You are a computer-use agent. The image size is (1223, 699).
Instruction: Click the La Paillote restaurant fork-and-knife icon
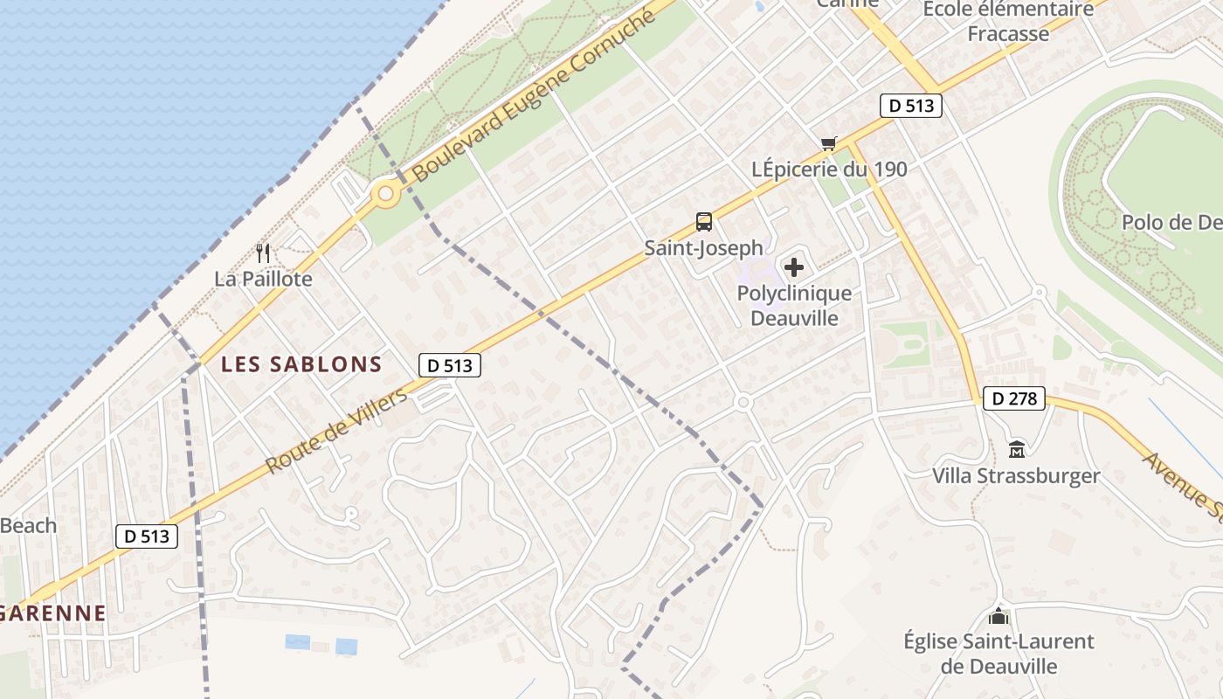click(x=263, y=253)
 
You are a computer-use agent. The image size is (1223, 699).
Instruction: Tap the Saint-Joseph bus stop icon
click(x=704, y=222)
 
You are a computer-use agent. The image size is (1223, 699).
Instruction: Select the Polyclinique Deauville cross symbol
click(x=794, y=267)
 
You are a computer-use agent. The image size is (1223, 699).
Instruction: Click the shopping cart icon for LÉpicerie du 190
click(x=828, y=143)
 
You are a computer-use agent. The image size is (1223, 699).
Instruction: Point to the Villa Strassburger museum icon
click(x=1017, y=450)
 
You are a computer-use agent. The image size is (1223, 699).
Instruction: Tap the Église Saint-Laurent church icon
click(x=998, y=615)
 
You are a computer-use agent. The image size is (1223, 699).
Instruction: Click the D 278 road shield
click(x=1014, y=399)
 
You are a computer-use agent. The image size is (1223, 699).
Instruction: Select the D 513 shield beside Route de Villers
click(x=450, y=365)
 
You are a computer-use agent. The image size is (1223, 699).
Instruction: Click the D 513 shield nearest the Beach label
click(x=147, y=536)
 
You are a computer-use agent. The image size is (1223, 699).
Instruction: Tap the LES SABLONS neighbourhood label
click(x=301, y=364)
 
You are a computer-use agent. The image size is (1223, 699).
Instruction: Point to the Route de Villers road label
click(x=336, y=432)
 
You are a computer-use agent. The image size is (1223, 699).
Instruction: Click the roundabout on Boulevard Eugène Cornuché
click(x=384, y=194)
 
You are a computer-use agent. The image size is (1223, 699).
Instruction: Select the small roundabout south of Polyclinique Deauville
click(x=743, y=402)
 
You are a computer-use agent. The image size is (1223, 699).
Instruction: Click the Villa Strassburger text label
click(x=1016, y=476)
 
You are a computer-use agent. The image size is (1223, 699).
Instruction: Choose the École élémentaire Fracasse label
click(x=1008, y=21)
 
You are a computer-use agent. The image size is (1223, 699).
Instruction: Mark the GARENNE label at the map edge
click(x=52, y=612)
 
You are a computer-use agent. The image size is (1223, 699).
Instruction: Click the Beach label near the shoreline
click(x=28, y=526)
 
